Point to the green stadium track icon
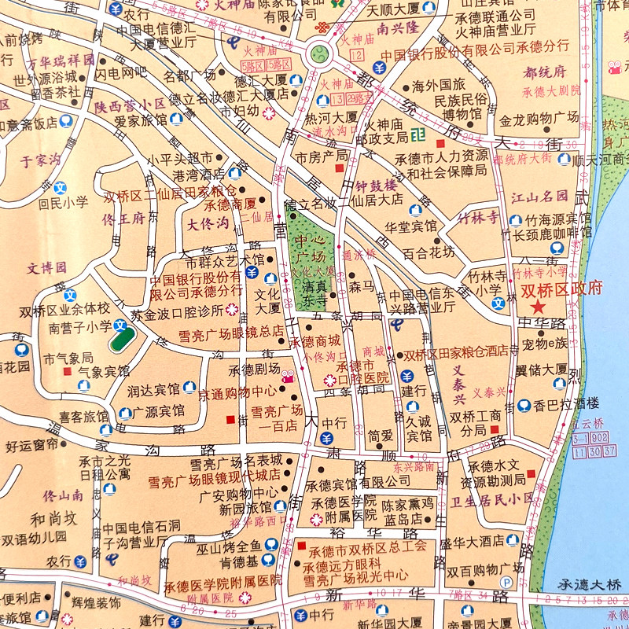tap(121, 341)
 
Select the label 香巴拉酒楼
tap(566, 406)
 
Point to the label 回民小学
tap(64, 202)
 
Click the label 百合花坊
tap(429, 252)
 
